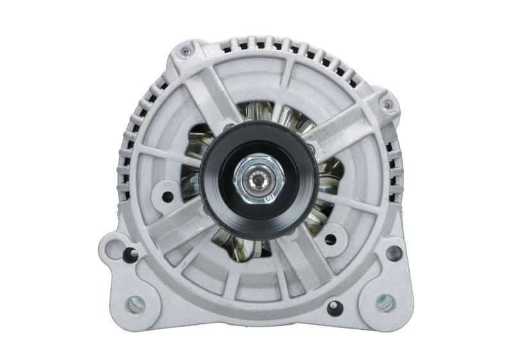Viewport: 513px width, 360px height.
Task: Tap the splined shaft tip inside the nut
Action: [x=260, y=181]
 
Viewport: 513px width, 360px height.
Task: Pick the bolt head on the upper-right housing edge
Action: [x=386, y=104]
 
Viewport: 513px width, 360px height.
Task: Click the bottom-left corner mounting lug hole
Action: [x=135, y=305]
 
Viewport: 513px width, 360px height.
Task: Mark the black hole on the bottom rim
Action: [x=335, y=308]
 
